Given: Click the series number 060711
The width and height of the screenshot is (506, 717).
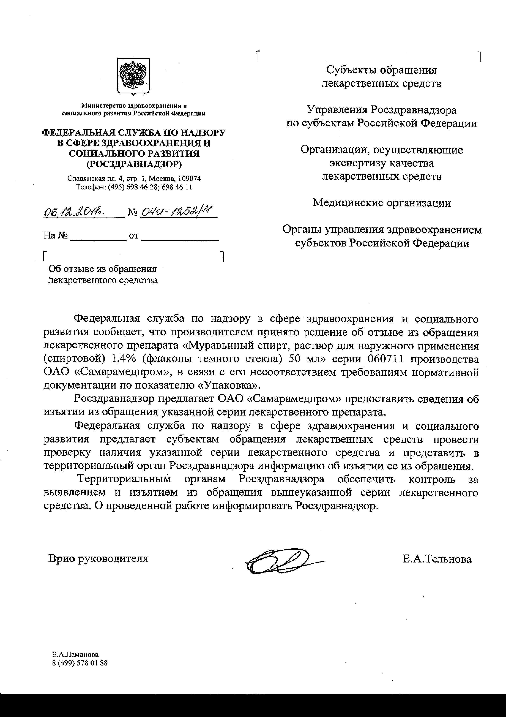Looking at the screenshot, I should [386, 359].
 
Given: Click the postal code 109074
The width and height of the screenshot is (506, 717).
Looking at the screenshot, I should [189, 179].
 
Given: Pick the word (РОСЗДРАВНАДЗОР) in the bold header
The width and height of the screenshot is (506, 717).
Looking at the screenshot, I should [134, 164].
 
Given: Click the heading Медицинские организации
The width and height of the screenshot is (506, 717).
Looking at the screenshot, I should [382, 203].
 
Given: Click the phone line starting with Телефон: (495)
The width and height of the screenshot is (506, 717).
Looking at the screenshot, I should [134, 187].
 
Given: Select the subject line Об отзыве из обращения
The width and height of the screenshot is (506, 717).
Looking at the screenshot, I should [102, 269].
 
